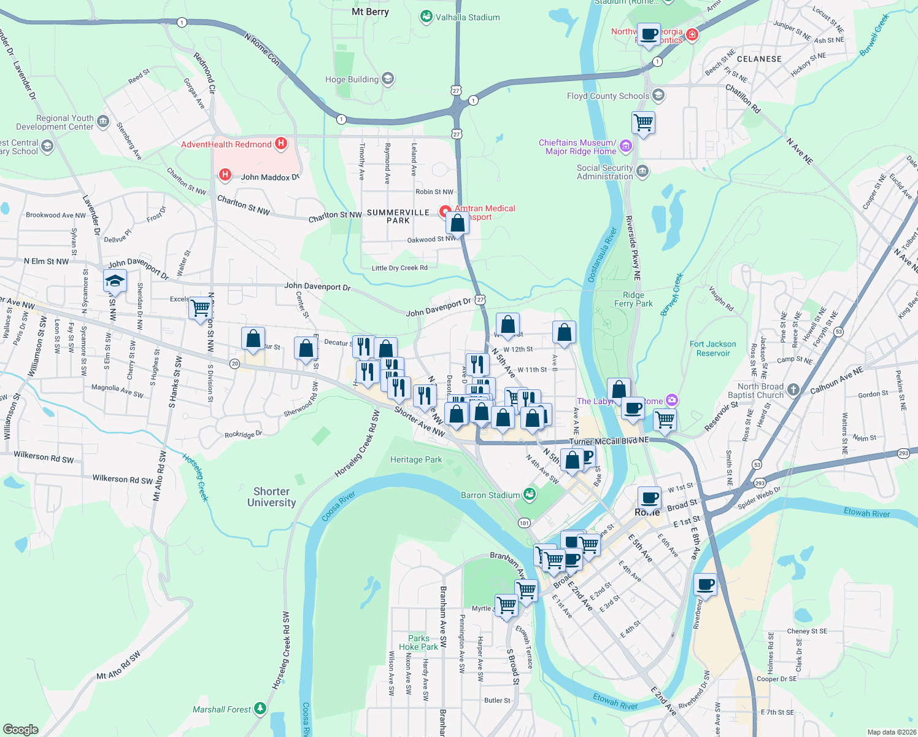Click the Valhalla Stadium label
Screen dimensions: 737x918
click(468, 17)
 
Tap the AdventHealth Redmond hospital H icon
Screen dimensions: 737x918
click(281, 144)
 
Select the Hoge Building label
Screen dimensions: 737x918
click(352, 79)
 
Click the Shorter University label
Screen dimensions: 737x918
click(271, 497)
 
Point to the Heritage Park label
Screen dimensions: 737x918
click(416, 459)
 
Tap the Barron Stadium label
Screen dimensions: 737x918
click(490, 495)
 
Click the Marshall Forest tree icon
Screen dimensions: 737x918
click(260, 709)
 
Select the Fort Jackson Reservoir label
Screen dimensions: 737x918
click(712, 348)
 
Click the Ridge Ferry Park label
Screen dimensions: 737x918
click(633, 299)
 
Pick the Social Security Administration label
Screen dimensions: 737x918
click(604, 172)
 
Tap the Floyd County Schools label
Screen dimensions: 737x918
click(608, 96)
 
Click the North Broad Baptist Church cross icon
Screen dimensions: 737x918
click(793, 390)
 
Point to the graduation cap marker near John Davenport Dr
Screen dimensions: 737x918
click(115, 281)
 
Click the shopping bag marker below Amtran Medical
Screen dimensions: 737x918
click(457, 224)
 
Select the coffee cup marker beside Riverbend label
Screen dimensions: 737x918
click(706, 584)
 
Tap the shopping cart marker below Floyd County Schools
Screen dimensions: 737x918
click(643, 122)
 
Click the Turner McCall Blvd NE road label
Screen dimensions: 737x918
click(609, 441)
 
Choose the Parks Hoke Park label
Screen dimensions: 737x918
click(418, 642)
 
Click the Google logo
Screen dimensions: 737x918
click(21, 730)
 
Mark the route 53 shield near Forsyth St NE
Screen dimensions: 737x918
click(839, 332)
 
